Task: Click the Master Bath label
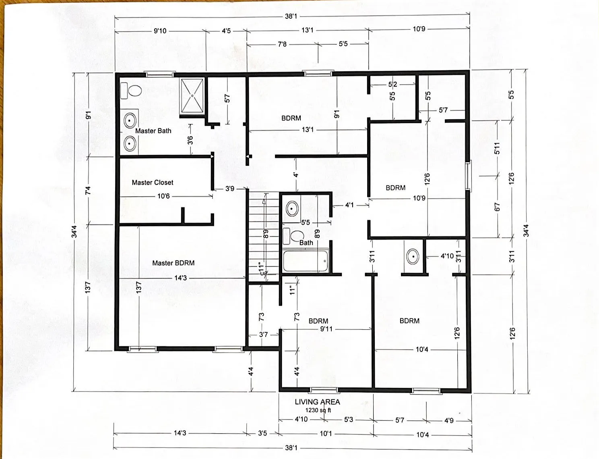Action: [x=153, y=131]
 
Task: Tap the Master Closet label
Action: [x=153, y=182]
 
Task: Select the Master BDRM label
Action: [x=174, y=263]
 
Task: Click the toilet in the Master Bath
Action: [x=131, y=90]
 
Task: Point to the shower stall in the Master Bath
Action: [x=192, y=96]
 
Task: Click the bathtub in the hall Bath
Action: [x=306, y=260]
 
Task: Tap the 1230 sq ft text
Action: [x=318, y=410]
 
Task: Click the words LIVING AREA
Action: [x=318, y=402]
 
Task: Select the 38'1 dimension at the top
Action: [x=291, y=16]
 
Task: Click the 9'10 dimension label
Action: [x=160, y=31]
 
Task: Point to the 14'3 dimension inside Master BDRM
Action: [x=181, y=278]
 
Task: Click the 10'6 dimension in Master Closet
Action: [x=163, y=196]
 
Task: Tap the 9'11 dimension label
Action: [x=326, y=329]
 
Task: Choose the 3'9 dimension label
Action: [x=230, y=189]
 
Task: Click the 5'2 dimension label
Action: [x=393, y=84]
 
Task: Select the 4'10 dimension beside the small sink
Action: [x=447, y=256]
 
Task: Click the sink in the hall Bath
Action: [x=292, y=209]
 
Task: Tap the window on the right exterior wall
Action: [x=468, y=176]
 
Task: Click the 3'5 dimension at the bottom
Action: [x=262, y=433]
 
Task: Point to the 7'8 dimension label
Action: [x=282, y=44]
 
